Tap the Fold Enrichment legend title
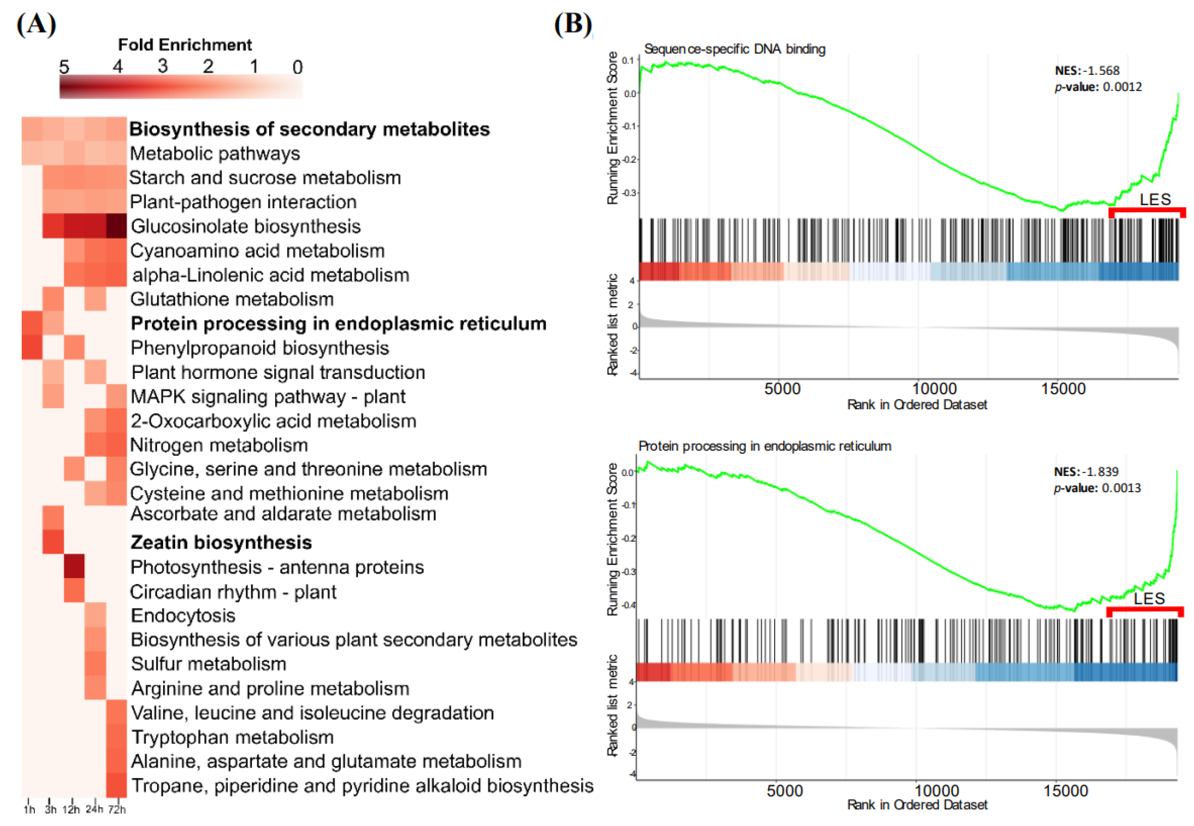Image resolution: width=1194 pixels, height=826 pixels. point(185,45)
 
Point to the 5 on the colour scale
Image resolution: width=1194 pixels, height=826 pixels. point(64,67)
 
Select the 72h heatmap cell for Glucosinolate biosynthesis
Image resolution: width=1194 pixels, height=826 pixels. point(116,226)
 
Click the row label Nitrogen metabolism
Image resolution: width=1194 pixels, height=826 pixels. point(219,445)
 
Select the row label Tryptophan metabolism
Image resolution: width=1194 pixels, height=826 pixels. point(232,737)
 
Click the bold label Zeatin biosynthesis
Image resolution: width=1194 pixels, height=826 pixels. point(221,542)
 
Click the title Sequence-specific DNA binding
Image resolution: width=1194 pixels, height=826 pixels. point(734,49)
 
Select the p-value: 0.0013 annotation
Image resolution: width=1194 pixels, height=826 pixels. point(1097,488)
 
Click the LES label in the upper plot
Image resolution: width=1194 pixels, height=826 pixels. point(1155,200)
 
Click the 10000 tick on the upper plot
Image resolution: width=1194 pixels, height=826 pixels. point(934,389)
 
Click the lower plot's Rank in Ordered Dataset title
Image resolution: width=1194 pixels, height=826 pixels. point(917,805)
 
